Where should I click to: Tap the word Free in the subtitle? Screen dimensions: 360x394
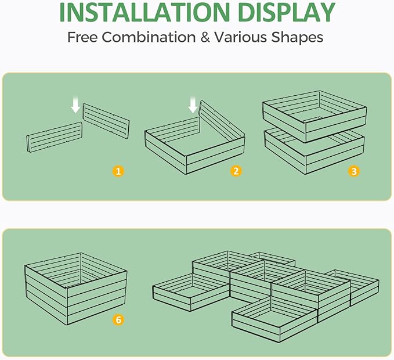point(82,38)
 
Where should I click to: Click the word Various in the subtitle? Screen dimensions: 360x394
point(244,38)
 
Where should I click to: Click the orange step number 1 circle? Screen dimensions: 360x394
point(118,171)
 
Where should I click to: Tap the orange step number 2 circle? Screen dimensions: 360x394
point(236,171)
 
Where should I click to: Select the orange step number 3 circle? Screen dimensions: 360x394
point(353,171)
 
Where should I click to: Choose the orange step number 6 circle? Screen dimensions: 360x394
point(118,320)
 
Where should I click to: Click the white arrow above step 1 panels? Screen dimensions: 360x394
point(75,105)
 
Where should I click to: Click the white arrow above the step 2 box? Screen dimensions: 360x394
point(193,105)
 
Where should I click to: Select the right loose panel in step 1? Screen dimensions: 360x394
point(106,119)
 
